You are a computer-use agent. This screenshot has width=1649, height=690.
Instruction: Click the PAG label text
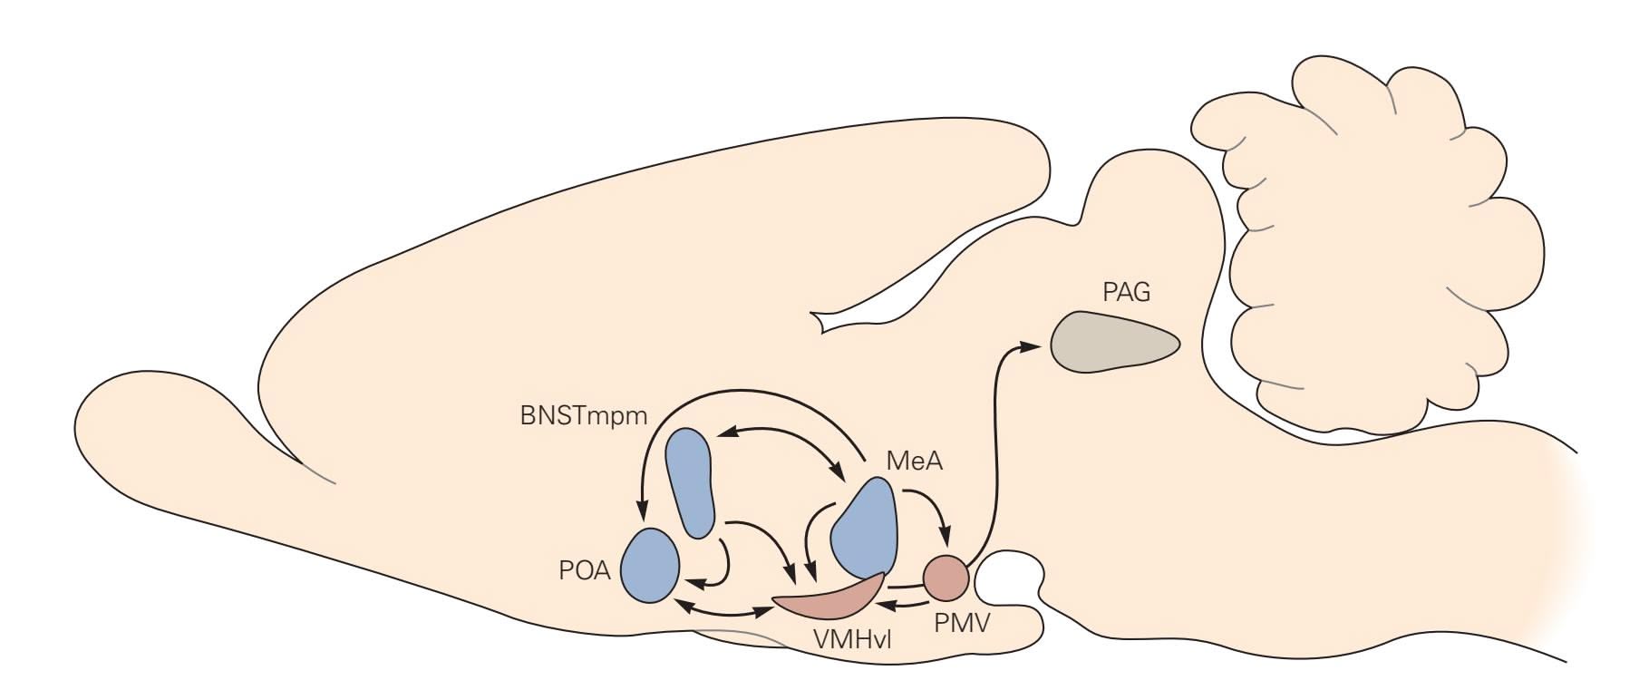(x=1126, y=292)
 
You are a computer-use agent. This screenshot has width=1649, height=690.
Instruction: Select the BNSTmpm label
(x=584, y=416)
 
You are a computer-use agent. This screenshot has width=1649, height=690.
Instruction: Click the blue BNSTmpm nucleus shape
(x=691, y=481)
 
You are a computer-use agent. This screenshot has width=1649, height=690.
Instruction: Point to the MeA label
(x=914, y=461)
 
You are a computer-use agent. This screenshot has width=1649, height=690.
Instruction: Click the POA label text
(x=585, y=571)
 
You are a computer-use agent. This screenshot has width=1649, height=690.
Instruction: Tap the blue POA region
(x=650, y=564)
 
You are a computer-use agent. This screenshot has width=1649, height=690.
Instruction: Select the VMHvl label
(x=852, y=638)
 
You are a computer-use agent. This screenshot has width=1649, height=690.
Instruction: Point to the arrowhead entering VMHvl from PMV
(x=891, y=605)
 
